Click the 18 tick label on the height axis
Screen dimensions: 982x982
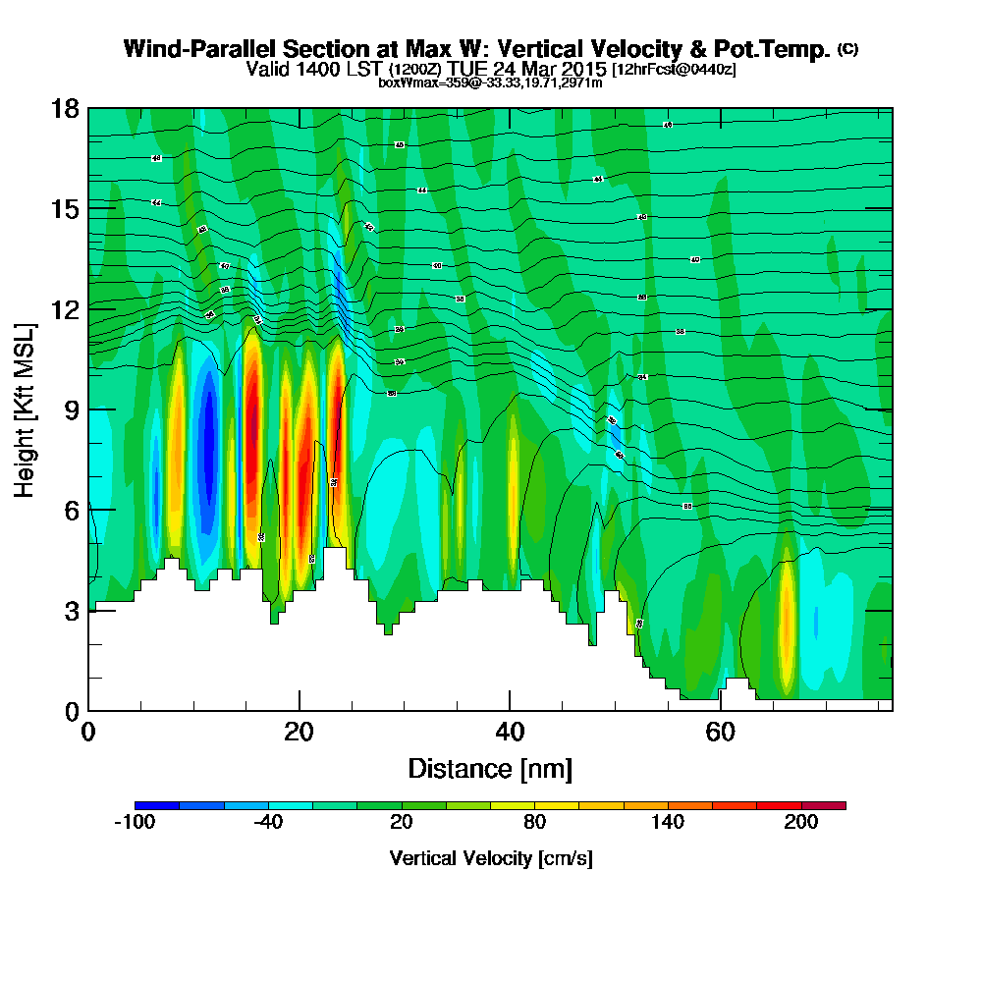click(65, 108)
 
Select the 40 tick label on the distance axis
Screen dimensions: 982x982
click(510, 733)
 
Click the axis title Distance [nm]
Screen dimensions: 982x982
click(490, 768)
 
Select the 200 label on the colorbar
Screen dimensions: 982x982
click(801, 823)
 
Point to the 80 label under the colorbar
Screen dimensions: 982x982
click(534, 823)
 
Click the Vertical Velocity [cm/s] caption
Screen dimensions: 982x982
click(490, 858)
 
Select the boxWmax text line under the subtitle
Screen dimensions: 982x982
click(490, 82)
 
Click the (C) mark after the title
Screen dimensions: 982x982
click(848, 49)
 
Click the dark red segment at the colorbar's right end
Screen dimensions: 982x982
click(824, 805)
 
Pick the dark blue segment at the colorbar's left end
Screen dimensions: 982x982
click(157, 805)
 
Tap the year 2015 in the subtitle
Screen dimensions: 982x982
click(585, 70)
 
